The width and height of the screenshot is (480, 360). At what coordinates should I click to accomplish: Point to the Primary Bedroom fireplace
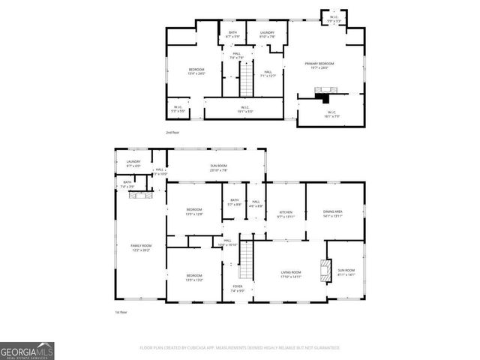322,95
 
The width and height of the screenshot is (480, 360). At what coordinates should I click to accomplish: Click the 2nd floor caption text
172,133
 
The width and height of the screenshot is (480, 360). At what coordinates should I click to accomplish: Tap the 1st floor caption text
121,312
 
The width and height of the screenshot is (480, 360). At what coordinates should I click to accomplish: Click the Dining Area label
332,214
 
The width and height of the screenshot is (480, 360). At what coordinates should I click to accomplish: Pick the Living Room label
291,274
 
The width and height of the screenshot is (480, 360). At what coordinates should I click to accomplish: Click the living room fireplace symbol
325,271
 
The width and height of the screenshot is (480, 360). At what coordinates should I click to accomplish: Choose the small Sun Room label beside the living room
346,271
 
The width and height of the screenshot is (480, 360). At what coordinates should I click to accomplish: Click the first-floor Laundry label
133,163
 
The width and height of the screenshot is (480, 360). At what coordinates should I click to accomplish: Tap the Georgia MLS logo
27,350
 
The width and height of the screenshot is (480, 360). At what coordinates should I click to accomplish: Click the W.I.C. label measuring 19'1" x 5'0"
245,109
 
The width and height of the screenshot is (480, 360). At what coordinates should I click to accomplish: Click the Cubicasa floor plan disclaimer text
240,348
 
